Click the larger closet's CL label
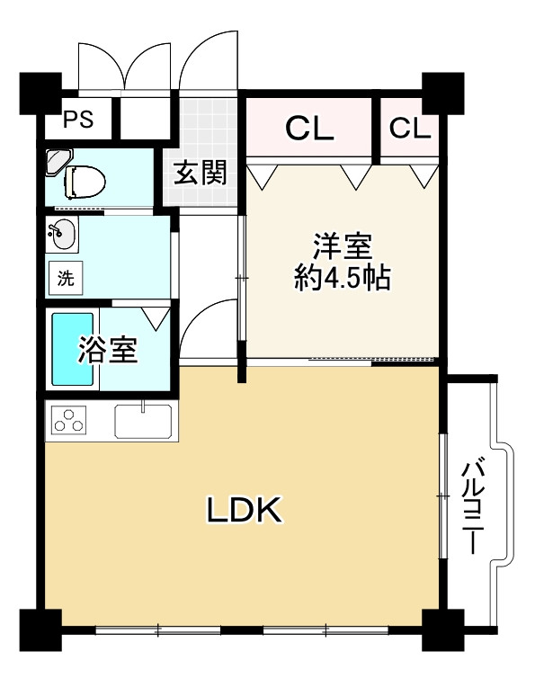(x=309, y=129)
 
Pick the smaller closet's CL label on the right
(x=410, y=129)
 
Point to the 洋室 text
(x=343, y=245)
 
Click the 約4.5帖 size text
(x=343, y=279)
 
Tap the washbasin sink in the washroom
(x=63, y=234)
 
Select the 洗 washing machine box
(x=66, y=278)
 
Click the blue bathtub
(x=73, y=349)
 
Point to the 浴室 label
(x=108, y=350)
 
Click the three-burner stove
(x=70, y=421)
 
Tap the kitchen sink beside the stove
(x=143, y=421)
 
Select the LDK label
(x=245, y=510)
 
